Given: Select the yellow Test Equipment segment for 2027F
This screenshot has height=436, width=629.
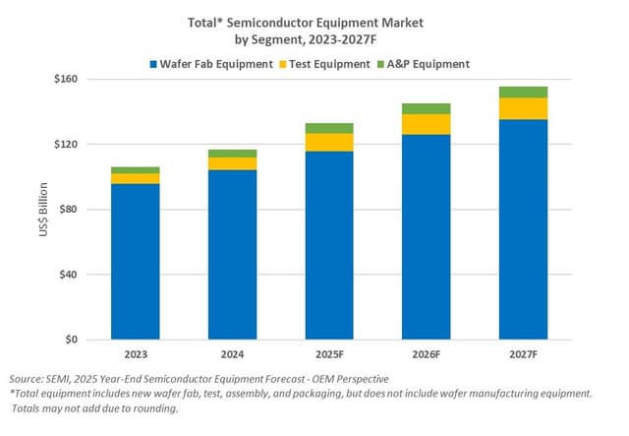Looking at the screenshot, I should click(x=523, y=108).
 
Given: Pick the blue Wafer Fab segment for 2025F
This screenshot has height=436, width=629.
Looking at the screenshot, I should click(x=329, y=245).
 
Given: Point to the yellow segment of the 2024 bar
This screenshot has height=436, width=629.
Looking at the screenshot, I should click(x=232, y=163).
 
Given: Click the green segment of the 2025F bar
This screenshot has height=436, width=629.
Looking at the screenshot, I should click(x=329, y=128).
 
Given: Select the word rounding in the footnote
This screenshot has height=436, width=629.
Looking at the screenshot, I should click(x=152, y=408).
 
